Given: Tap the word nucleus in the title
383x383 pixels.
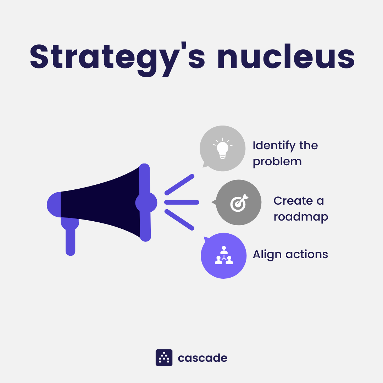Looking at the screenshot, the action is (x=286, y=56).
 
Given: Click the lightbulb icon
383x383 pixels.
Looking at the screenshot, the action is (x=223, y=148).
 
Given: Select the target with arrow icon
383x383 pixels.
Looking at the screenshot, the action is (x=239, y=203).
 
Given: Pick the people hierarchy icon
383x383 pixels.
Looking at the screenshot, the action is (x=224, y=255).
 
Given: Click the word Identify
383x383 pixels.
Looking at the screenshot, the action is (x=274, y=146).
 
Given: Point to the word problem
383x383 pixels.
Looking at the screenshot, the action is (x=277, y=162).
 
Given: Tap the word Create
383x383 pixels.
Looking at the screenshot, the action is (x=293, y=201).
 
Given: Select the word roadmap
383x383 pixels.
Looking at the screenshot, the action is (x=301, y=217).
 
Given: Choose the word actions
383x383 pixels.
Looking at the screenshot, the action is (x=307, y=254).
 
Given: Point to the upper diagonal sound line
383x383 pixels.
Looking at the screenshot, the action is (x=179, y=185).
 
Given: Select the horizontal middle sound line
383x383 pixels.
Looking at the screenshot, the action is (x=182, y=202).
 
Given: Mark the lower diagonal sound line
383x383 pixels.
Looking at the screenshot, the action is (x=179, y=220).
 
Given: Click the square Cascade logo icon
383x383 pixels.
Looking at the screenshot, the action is (x=164, y=357).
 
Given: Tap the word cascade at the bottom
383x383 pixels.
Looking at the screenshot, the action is (x=202, y=358).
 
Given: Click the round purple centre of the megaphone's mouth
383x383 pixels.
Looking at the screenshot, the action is (x=146, y=202).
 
